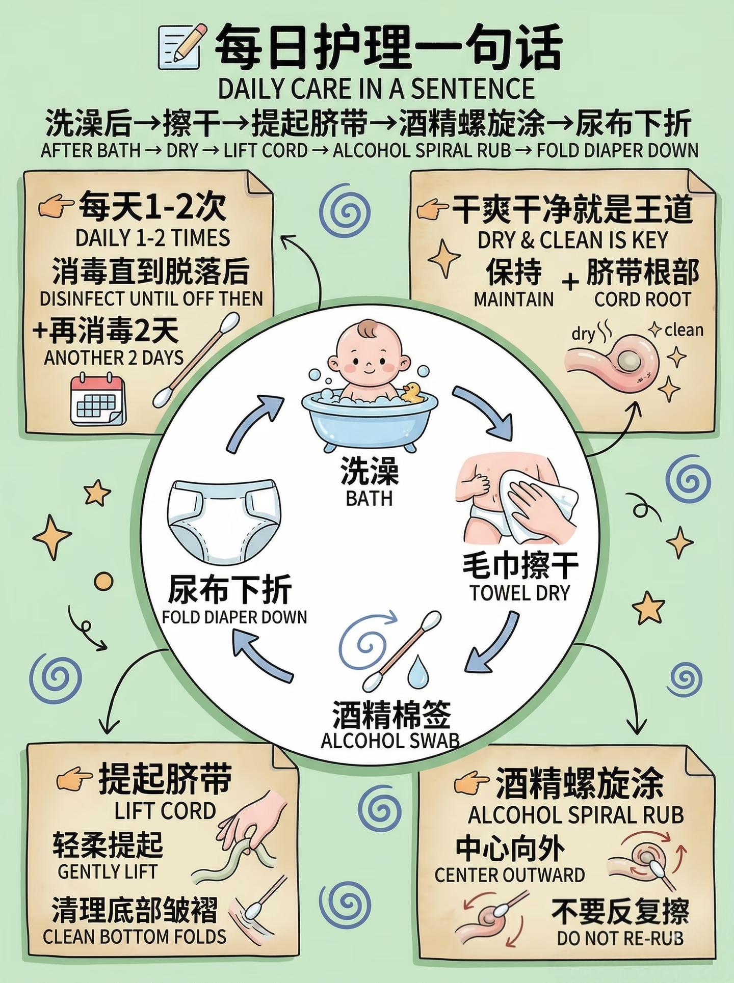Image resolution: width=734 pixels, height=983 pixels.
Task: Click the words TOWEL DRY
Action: (519, 593)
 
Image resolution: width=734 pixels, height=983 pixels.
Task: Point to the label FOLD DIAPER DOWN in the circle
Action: (234, 617)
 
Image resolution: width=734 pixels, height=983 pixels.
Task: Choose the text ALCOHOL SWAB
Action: (390, 740)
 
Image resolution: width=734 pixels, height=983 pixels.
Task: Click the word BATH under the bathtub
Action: (369, 498)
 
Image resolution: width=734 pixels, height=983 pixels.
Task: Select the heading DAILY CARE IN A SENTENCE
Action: (376, 89)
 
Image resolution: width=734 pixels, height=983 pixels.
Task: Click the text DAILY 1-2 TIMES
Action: (153, 238)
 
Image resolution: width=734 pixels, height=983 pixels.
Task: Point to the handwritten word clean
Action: (684, 330)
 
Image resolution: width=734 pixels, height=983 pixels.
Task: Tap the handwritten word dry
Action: (583, 334)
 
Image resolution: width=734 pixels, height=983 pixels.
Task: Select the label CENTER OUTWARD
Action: (510, 875)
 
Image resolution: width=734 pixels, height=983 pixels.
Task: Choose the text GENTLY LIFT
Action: (108, 871)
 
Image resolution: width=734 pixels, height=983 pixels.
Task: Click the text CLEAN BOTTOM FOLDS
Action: (135, 937)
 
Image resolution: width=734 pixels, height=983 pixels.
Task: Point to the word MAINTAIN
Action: (513, 299)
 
